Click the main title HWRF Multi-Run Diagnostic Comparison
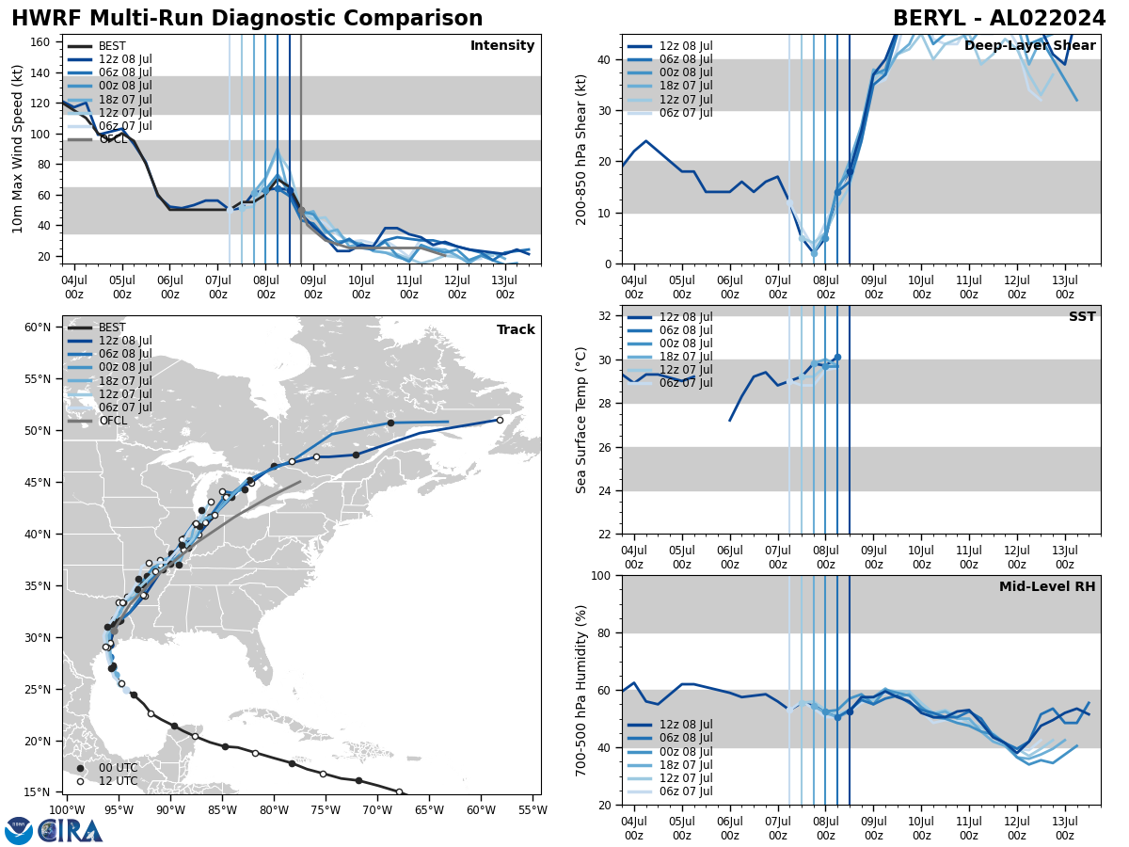pyautogui.click(x=246, y=19)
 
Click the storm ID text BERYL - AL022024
pyautogui.click(x=999, y=19)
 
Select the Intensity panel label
pyautogui.click(x=502, y=46)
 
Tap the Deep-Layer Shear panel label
pyautogui.click(x=1029, y=46)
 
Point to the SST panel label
pyautogui.click(x=1082, y=317)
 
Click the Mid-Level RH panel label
pyautogui.click(x=1047, y=587)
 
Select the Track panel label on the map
pyautogui.click(x=516, y=330)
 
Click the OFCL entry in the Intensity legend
pyautogui.click(x=113, y=139)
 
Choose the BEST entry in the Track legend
pyautogui.click(x=112, y=328)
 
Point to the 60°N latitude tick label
pyautogui.click(x=38, y=328)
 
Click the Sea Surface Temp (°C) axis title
pyautogui.click(x=582, y=420)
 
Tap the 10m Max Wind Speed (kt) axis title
pyautogui.click(x=18, y=149)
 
